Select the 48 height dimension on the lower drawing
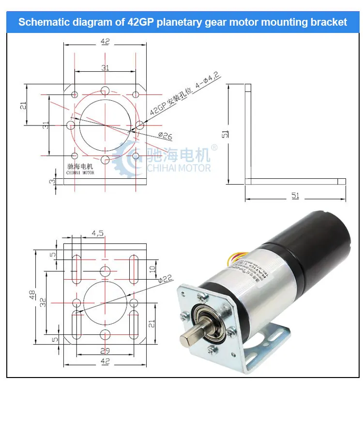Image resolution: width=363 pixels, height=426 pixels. [x=31, y=295]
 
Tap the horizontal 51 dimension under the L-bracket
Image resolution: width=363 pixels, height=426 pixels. [x=295, y=196]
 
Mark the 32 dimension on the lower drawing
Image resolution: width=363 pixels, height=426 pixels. [x=43, y=302]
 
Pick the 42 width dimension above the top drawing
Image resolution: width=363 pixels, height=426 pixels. [x=104, y=42]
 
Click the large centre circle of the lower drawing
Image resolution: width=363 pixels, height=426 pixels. [x=105, y=302]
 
